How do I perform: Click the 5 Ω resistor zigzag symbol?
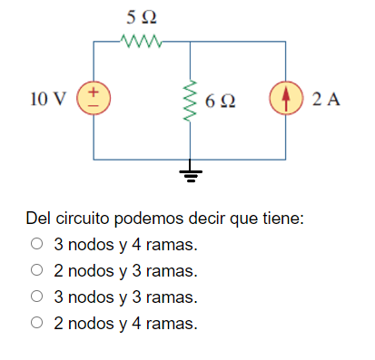[x=141, y=40]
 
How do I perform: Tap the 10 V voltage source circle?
[x=94, y=99]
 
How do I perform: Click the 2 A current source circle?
[x=287, y=99]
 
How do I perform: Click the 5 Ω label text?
[x=141, y=17]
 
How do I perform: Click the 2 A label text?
[x=325, y=99]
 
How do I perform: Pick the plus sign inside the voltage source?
[x=94, y=92]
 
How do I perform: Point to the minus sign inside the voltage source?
[x=94, y=106]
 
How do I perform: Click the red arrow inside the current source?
[x=287, y=99]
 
